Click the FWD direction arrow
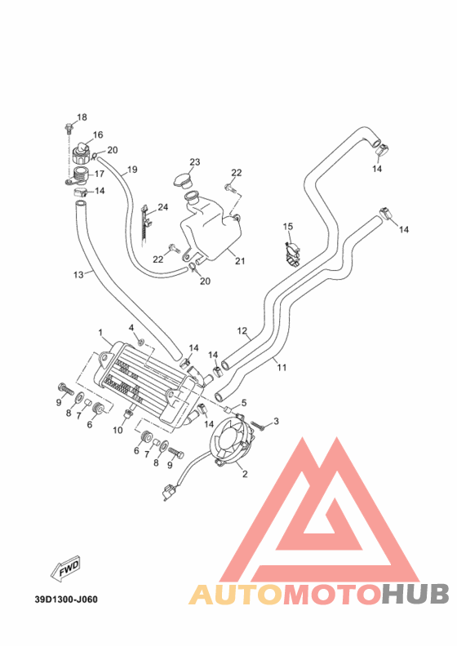click(x=65, y=569)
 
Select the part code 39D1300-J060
click(x=66, y=599)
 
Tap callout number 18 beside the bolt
click(x=82, y=117)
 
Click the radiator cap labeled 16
click(x=81, y=153)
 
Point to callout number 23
click(x=194, y=162)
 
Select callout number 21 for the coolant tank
click(x=240, y=261)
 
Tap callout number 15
click(x=288, y=226)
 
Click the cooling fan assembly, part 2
click(x=231, y=441)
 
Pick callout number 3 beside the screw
click(x=276, y=421)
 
